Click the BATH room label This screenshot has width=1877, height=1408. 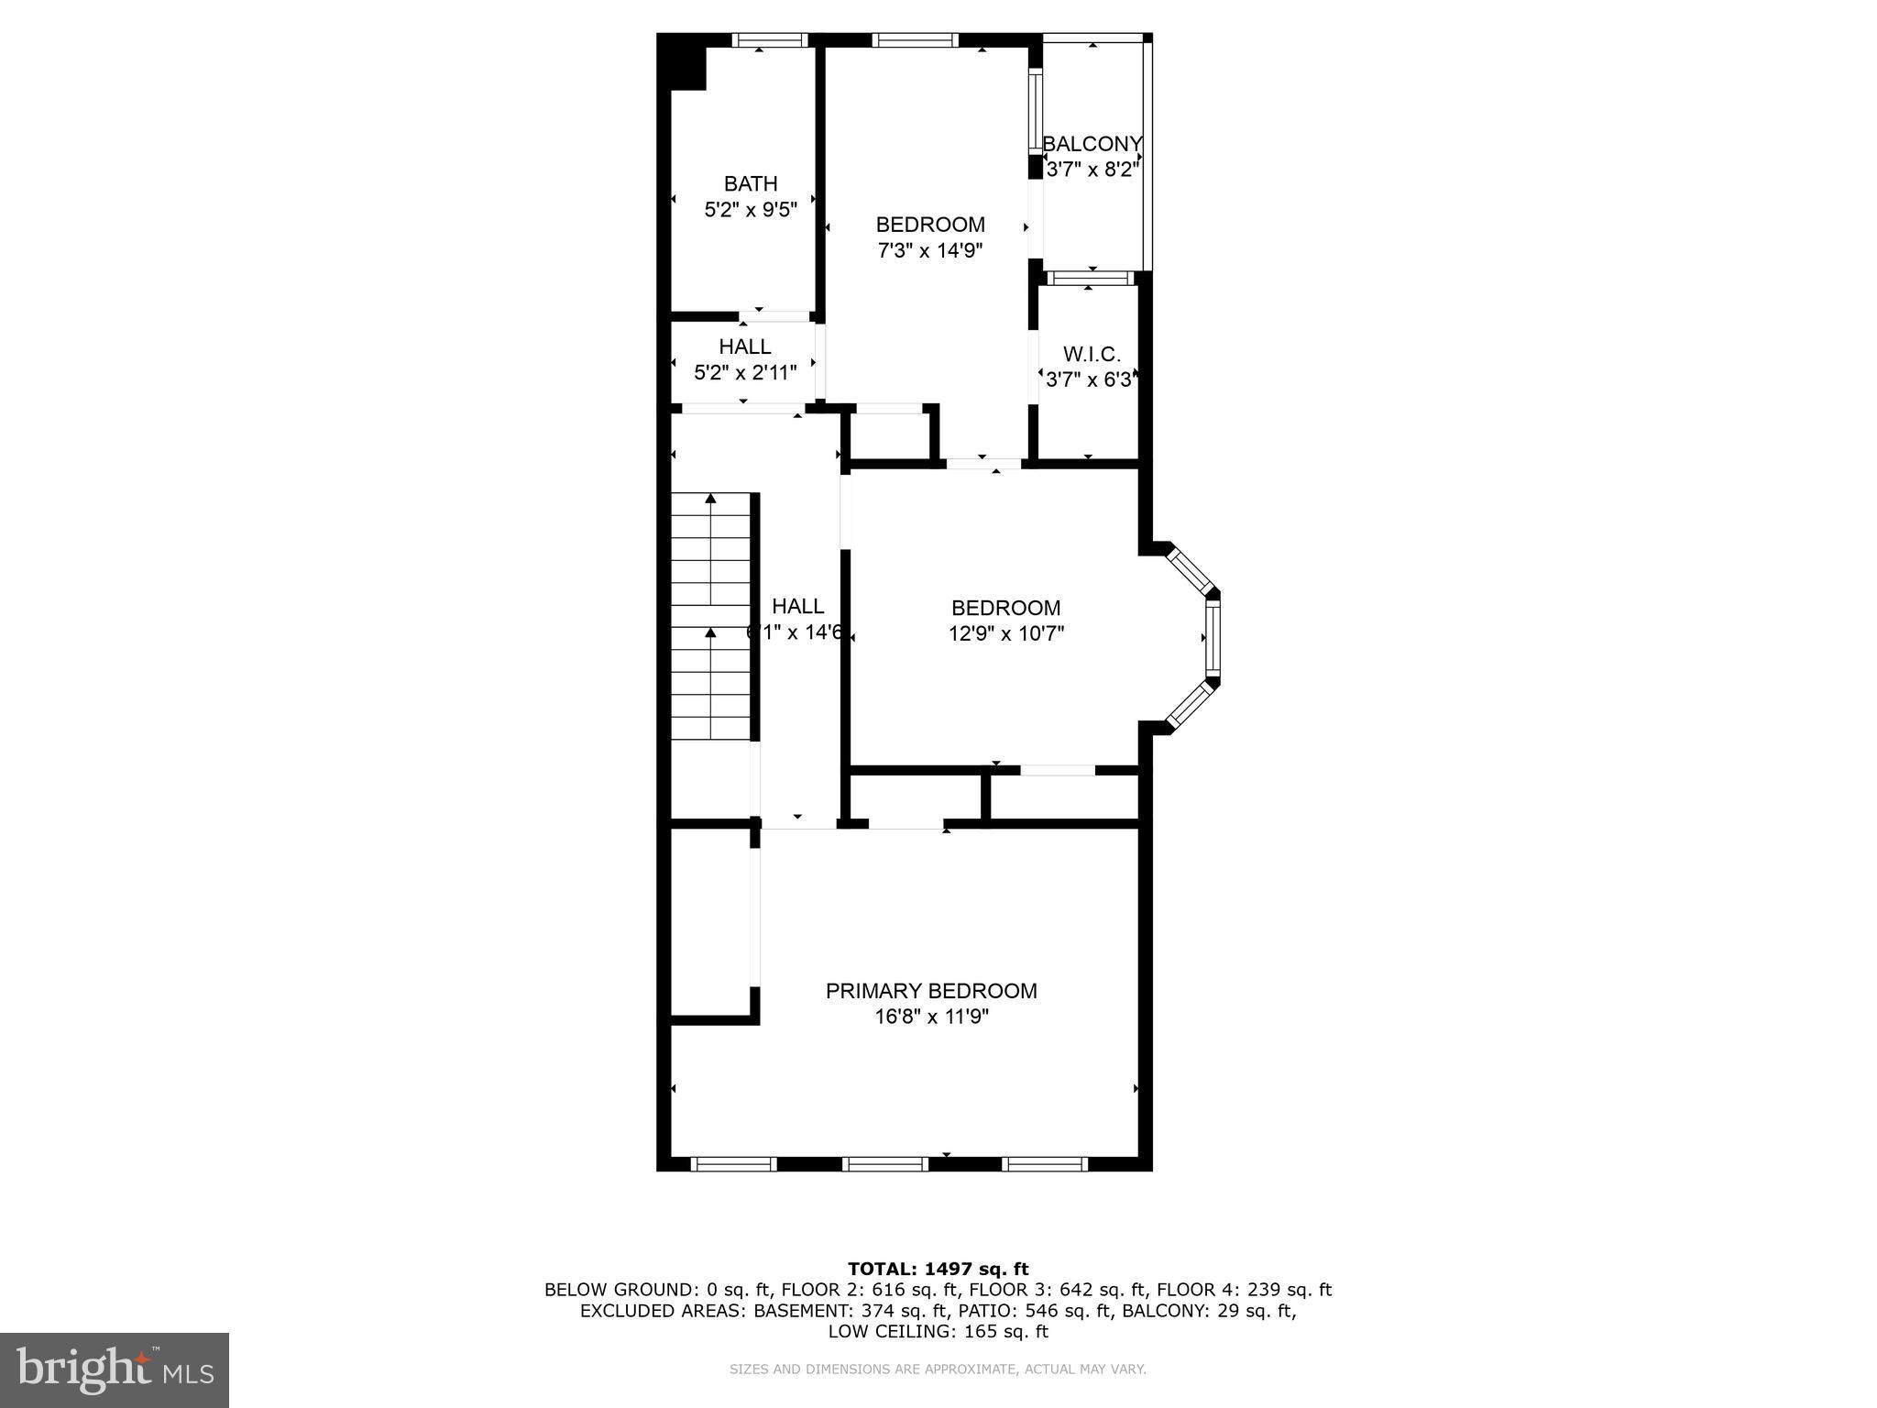coord(751,183)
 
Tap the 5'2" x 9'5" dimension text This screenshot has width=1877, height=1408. coord(751,210)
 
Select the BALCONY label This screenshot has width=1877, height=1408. coord(1092,144)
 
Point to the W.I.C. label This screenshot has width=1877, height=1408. coord(1092,354)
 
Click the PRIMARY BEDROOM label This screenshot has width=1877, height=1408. coord(931,991)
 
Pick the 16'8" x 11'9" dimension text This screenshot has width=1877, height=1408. coord(931,1017)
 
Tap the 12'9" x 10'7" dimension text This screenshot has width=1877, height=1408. coord(1005,633)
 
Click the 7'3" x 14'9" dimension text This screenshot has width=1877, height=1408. coord(930,250)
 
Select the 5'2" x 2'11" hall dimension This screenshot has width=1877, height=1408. coord(745,373)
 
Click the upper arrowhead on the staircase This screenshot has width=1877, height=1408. coord(710,499)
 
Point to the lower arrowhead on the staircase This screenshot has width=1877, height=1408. coord(710,632)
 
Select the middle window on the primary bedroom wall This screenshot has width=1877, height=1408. coord(885,1164)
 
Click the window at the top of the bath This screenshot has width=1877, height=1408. coord(770,39)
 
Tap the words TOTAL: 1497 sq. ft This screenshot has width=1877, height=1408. coord(938,1270)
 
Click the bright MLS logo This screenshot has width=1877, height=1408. coord(115,1369)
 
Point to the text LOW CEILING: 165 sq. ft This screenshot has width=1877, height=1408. coord(938,1332)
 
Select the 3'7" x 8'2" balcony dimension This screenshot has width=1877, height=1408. coord(1092,170)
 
